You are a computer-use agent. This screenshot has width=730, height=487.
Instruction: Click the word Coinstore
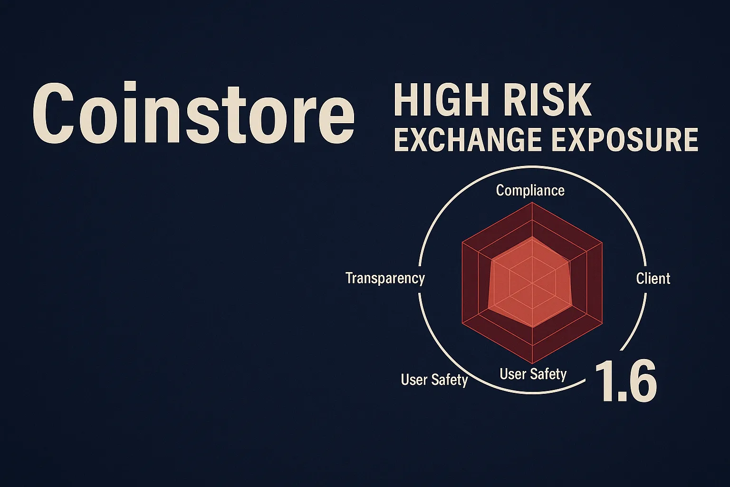pyautogui.click(x=193, y=114)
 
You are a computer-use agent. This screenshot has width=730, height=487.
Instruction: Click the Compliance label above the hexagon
pyautogui.click(x=530, y=191)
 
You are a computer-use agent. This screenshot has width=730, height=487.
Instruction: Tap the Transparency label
pyautogui.click(x=385, y=278)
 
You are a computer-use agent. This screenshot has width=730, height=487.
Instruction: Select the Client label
pyautogui.click(x=653, y=278)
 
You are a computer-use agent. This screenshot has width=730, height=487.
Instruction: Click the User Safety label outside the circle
pyautogui.click(x=434, y=380)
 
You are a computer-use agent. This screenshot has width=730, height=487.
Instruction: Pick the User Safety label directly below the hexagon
pyautogui.click(x=533, y=374)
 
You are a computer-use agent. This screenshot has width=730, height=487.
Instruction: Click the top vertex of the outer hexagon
pyautogui.click(x=532, y=203)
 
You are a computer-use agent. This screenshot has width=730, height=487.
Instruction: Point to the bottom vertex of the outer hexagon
pyautogui.click(x=532, y=364)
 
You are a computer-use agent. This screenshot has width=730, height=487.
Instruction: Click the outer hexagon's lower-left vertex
pyautogui.click(x=462, y=324)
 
